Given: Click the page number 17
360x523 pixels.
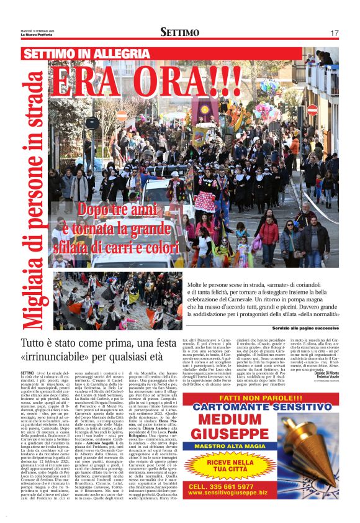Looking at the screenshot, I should coord(334,32).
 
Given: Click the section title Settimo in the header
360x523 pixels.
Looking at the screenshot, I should coord(179,32).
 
